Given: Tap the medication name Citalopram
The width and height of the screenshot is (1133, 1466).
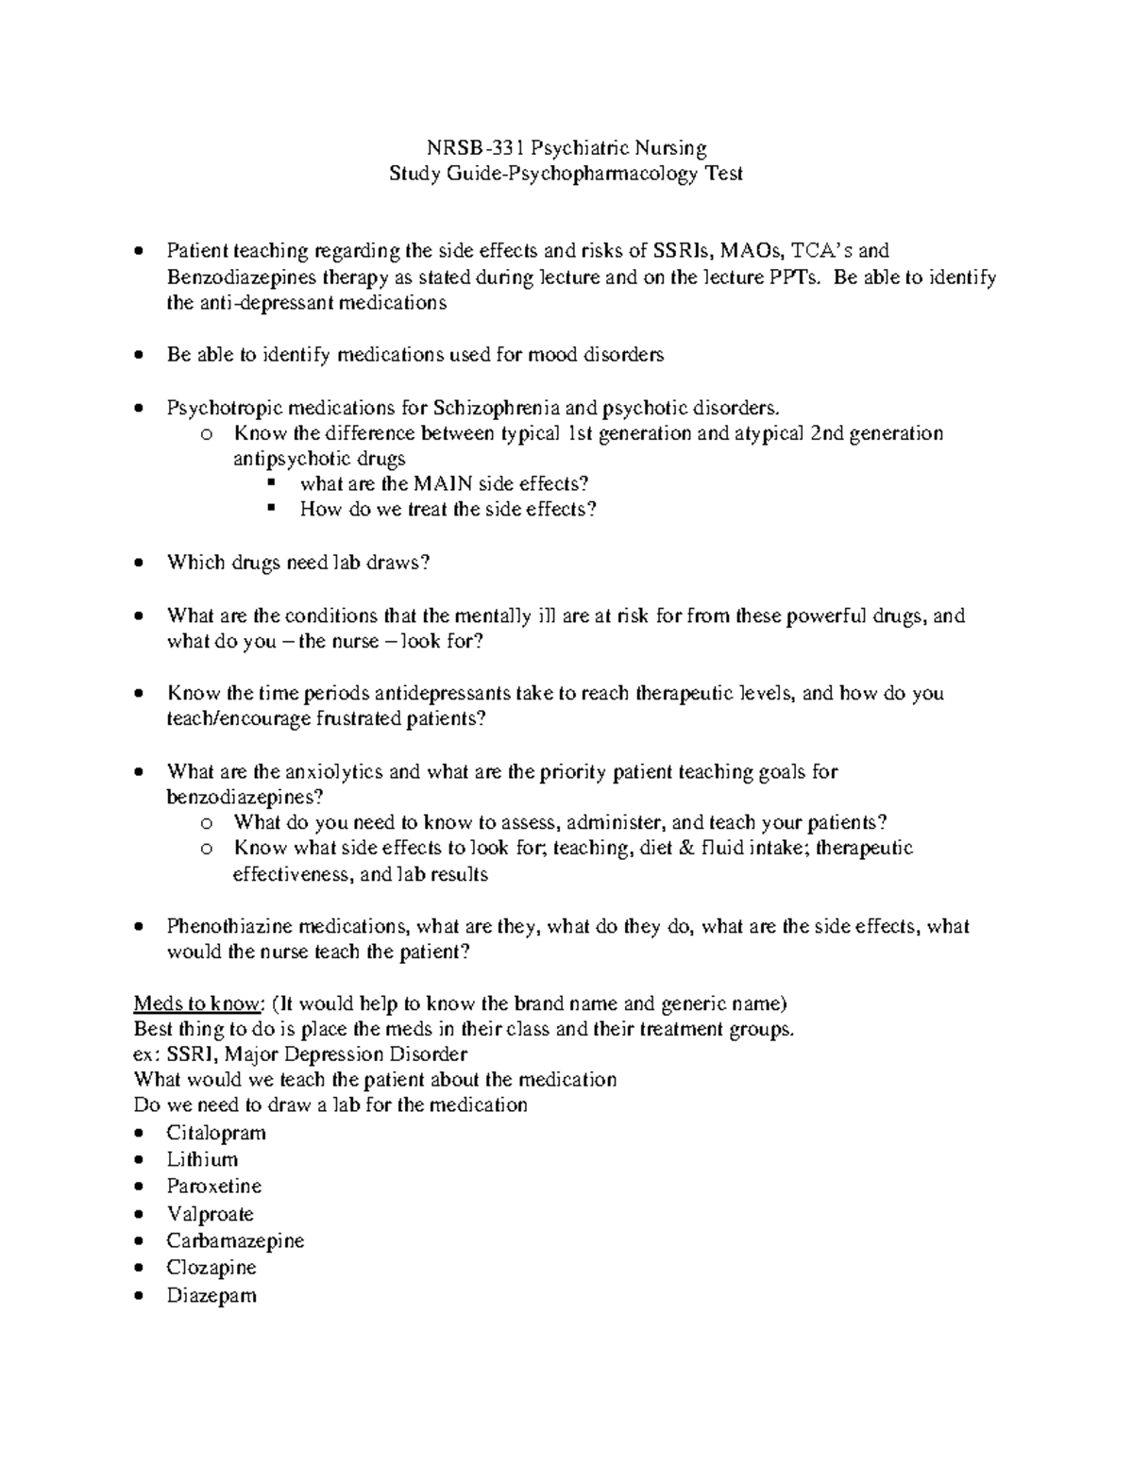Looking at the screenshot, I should tap(216, 1133).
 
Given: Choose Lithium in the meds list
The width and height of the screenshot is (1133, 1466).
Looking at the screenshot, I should tap(202, 1159).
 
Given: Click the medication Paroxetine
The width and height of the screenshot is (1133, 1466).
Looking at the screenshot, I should tap(214, 1186).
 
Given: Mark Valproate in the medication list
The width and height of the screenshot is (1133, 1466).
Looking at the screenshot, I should tap(211, 1214).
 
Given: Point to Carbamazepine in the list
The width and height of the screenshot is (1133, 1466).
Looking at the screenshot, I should tap(235, 1240).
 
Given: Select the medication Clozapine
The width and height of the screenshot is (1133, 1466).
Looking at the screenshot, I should tap(211, 1267).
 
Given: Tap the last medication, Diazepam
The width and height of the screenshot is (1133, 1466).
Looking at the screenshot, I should tap(211, 1295).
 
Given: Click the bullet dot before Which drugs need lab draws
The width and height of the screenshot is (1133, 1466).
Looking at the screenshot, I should tap(140, 563).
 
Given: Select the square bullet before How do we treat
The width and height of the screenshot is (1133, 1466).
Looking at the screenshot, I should tap(272, 508).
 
